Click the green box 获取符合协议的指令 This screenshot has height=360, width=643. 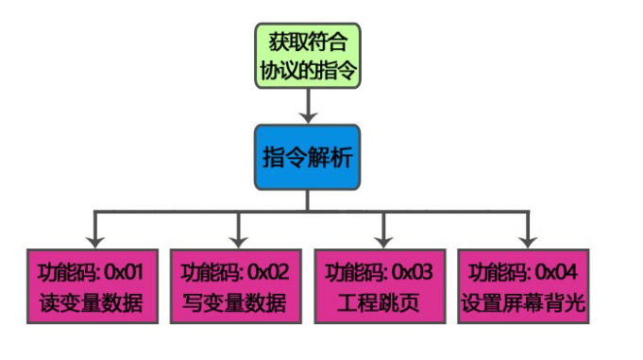(x=308, y=56)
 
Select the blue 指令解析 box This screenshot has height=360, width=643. (x=308, y=155)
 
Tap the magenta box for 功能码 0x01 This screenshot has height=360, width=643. (x=92, y=288)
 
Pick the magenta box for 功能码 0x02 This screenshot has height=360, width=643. (x=235, y=288)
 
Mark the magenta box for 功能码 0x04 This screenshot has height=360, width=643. (x=526, y=288)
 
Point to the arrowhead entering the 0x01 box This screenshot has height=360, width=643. (x=93, y=240)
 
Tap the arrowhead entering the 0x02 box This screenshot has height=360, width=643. (x=236, y=240)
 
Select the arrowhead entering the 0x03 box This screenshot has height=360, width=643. (x=382, y=240)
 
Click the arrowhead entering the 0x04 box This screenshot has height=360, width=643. (x=527, y=240)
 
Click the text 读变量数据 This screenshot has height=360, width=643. (x=92, y=304)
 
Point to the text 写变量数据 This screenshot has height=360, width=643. (x=235, y=304)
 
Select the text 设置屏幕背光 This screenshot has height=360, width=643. (x=526, y=304)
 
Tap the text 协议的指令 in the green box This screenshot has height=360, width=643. (x=308, y=69)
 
